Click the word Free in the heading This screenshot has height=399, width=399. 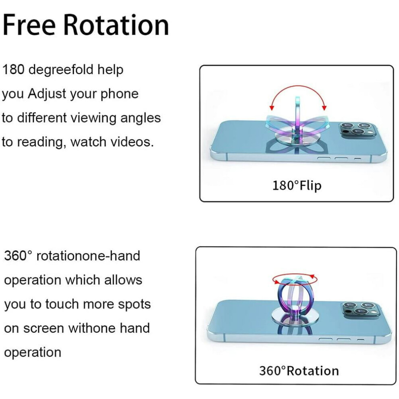(29, 25)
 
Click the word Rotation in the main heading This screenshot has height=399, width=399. (116, 25)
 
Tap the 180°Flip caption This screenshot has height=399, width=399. (297, 185)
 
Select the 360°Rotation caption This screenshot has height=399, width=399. (299, 371)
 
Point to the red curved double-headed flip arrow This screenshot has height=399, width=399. (298, 87)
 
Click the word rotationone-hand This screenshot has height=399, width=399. (88, 256)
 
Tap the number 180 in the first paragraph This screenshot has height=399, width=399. (13, 69)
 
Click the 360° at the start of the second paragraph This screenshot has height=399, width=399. (18, 256)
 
